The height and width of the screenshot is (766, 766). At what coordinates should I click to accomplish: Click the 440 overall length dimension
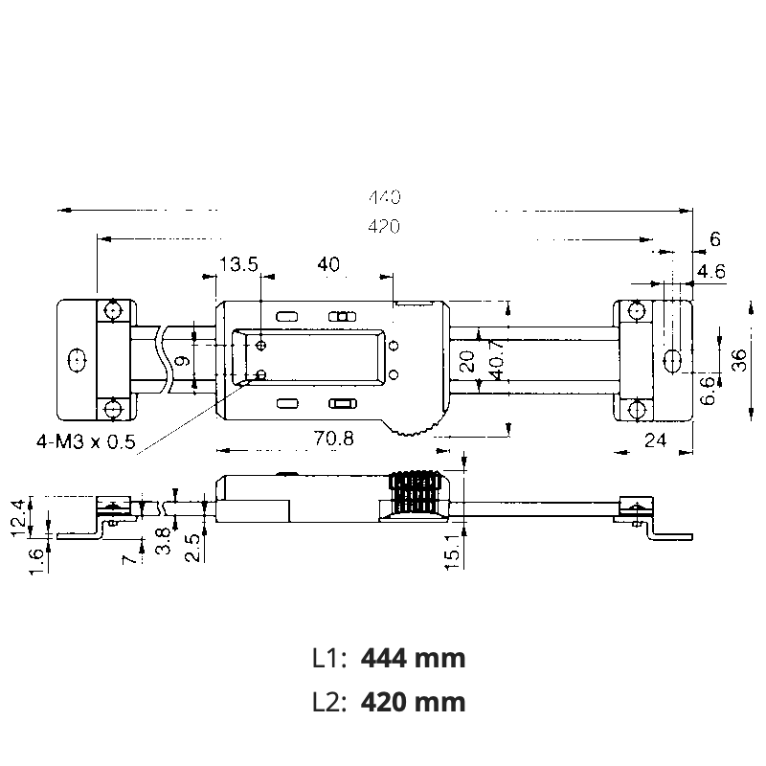pos(384,198)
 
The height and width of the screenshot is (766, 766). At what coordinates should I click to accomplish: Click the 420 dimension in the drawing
pos(384,226)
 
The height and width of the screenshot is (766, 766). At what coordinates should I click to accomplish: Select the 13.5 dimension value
pos(238,265)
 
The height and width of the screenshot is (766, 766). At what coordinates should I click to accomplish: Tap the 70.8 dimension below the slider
pos(334,439)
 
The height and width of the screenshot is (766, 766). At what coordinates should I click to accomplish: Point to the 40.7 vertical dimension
pos(495,359)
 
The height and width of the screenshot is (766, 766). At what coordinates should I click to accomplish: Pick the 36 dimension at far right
pos(738,359)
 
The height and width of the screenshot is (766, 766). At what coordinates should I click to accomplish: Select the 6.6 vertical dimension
pos(707,391)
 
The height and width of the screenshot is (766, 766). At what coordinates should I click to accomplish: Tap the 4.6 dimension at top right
pos(710,272)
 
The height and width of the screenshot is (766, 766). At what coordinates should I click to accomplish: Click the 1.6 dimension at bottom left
pos(35,555)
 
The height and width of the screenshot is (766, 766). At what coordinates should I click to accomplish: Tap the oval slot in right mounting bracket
pos(671,359)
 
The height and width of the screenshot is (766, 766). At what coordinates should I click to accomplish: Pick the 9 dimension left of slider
pos(180,362)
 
